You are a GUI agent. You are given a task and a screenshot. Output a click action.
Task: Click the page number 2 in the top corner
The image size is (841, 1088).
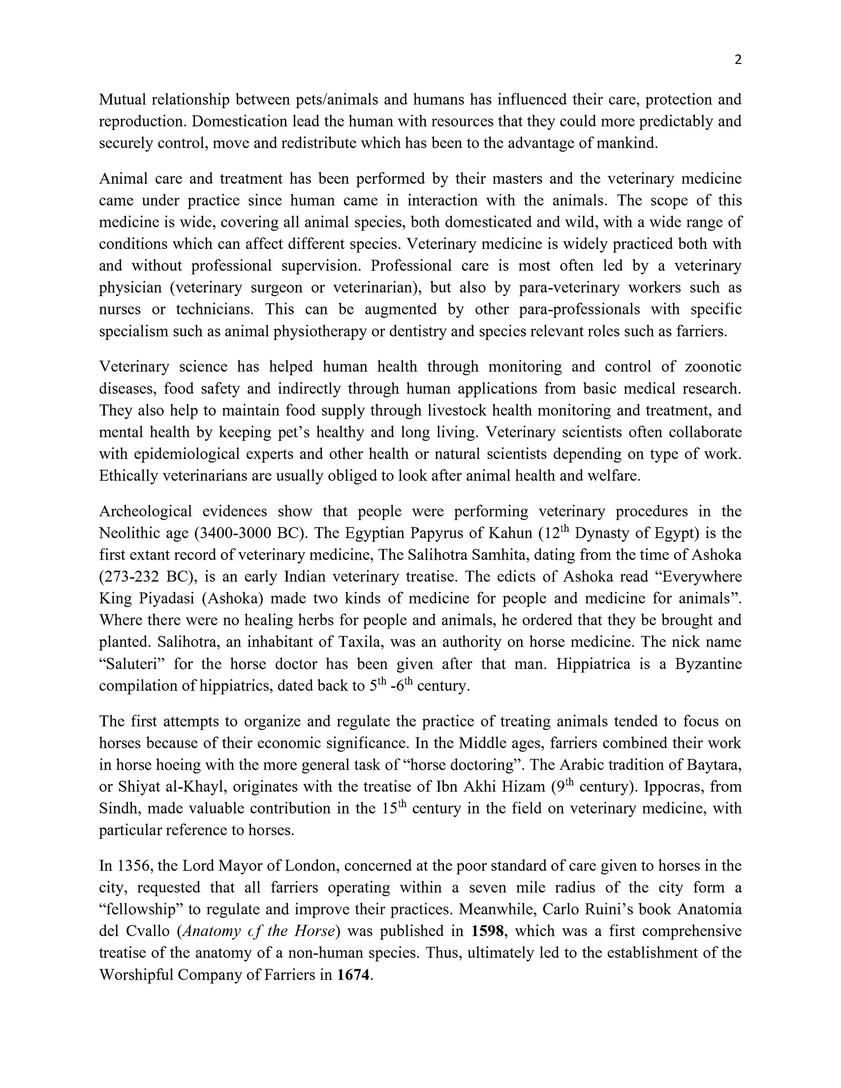click(x=738, y=60)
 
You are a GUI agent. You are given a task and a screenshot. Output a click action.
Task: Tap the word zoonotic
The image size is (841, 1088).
click(x=714, y=367)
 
